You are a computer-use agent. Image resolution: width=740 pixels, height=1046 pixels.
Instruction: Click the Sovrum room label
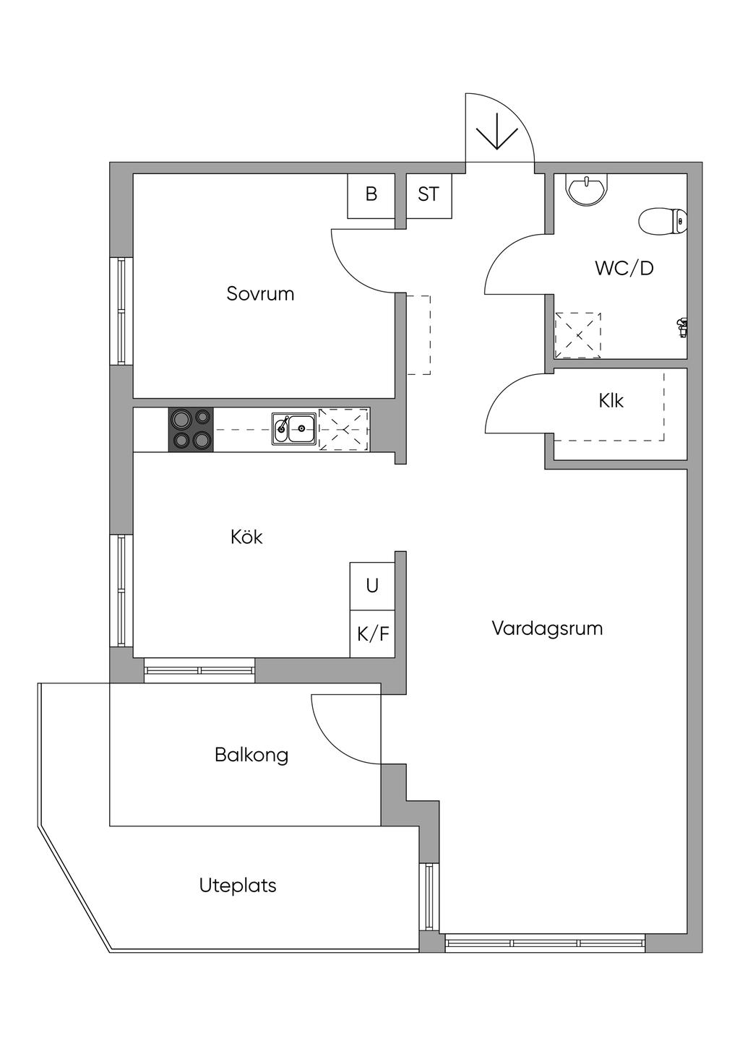(x=260, y=294)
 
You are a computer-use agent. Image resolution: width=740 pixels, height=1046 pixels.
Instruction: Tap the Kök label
(x=246, y=537)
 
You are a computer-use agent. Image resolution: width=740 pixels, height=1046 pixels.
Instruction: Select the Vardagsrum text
(x=547, y=628)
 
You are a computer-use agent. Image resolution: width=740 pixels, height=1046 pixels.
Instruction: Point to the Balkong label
(x=251, y=755)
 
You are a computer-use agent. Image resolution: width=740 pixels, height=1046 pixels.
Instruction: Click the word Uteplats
(x=238, y=885)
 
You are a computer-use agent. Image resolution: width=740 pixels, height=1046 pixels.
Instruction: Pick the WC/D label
(x=624, y=268)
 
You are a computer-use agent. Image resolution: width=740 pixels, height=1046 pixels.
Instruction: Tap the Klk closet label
(x=611, y=400)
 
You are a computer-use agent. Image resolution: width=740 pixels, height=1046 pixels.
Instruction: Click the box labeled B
(x=371, y=195)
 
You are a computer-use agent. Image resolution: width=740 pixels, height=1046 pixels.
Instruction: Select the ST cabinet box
(x=429, y=195)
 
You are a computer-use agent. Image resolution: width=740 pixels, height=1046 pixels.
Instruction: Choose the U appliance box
(x=372, y=585)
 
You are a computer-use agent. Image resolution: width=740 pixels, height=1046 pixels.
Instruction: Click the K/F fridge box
(x=373, y=634)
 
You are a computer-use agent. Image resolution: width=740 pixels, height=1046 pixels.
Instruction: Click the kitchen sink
(x=293, y=429)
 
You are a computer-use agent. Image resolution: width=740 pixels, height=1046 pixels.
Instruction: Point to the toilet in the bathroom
(x=662, y=221)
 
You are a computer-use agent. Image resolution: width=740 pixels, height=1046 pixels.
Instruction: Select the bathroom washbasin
(x=587, y=190)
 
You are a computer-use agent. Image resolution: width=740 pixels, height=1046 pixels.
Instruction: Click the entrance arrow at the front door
(x=497, y=134)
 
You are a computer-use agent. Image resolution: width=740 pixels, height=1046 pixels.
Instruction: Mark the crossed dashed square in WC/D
(x=577, y=335)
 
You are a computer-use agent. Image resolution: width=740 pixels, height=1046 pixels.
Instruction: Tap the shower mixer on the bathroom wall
(x=681, y=327)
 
